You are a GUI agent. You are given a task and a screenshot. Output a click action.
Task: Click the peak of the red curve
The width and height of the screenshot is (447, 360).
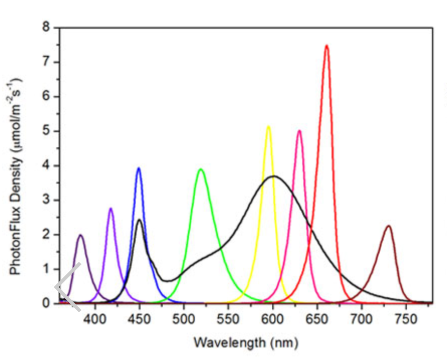click(326, 46)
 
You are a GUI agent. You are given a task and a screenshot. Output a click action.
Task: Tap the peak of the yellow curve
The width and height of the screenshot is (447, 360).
click(268, 126)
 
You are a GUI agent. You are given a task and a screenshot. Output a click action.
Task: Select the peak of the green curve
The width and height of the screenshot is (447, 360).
click(201, 169)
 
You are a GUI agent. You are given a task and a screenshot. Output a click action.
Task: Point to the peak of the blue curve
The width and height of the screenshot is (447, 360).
click(139, 168)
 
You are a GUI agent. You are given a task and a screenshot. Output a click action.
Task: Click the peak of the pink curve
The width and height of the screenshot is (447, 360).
click(299, 131)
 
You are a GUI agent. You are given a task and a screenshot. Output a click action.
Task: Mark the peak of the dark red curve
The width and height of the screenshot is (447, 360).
click(388, 226)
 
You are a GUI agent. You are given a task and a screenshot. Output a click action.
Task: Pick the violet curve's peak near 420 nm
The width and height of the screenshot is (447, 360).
click(110, 209)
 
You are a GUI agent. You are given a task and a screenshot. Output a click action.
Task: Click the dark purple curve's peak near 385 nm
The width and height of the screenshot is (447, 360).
click(80, 235)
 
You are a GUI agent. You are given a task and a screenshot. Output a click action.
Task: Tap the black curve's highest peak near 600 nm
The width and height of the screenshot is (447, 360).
click(274, 176)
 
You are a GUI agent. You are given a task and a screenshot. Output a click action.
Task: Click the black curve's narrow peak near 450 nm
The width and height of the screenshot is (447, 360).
click(139, 219)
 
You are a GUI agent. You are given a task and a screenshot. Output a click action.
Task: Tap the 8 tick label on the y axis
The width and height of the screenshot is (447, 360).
click(47, 28)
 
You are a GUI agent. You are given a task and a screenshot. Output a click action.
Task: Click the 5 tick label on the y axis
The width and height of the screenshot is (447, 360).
click(47, 131)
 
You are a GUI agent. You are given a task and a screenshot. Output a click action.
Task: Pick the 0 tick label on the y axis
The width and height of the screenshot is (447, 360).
click(47, 304)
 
